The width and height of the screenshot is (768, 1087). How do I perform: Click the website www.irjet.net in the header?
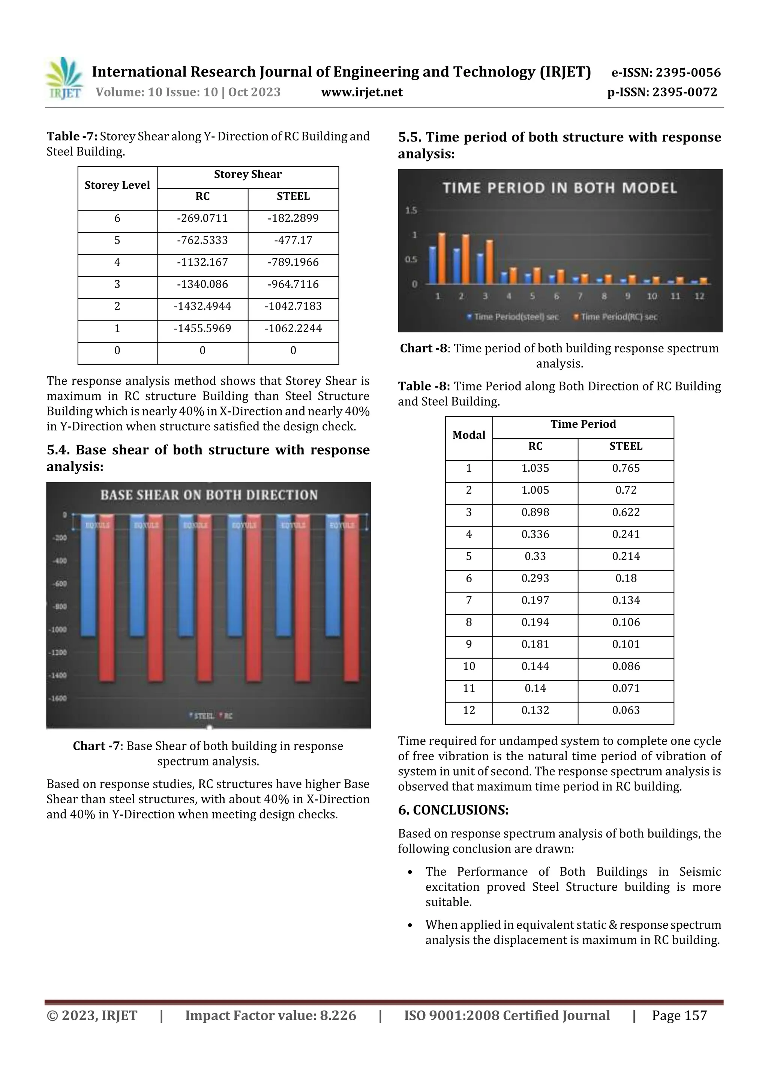(x=361, y=92)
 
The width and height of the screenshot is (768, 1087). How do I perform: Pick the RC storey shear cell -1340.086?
(x=202, y=284)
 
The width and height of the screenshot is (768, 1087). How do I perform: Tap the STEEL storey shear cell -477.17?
(x=293, y=241)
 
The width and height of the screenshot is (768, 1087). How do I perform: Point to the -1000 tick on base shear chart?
(x=59, y=630)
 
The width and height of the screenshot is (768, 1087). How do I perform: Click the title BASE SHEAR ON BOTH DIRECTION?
(x=208, y=495)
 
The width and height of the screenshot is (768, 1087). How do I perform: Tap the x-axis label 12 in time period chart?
(x=699, y=296)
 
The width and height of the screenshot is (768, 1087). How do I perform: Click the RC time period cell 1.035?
(x=535, y=469)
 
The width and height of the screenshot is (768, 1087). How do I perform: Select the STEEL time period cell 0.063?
(x=625, y=711)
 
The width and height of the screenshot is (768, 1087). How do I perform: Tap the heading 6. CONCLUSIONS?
(x=453, y=810)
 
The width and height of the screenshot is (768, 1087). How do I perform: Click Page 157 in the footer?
(x=679, y=1015)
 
